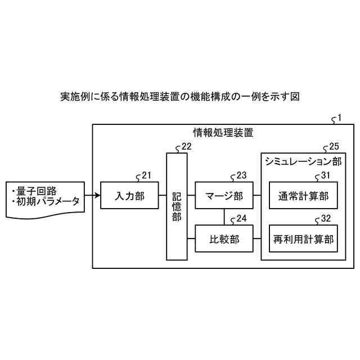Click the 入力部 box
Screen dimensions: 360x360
pyautogui.click(x=129, y=196)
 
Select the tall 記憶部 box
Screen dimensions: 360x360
pyautogui.click(x=177, y=206)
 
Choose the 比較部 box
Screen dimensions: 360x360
pyautogui.click(x=224, y=238)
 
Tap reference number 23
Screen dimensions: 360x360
pyautogui.click(x=241, y=175)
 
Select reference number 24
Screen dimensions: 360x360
pyautogui.click(x=241, y=218)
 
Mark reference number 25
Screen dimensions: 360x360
pyautogui.click(x=334, y=146)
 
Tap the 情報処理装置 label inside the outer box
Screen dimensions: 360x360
pyautogui.click(x=223, y=133)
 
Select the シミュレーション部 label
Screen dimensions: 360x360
pyautogui.click(x=303, y=161)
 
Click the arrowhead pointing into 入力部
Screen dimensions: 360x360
pyautogui.click(x=97, y=196)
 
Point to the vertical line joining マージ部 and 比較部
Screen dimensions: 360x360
pyautogui.click(x=224, y=217)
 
